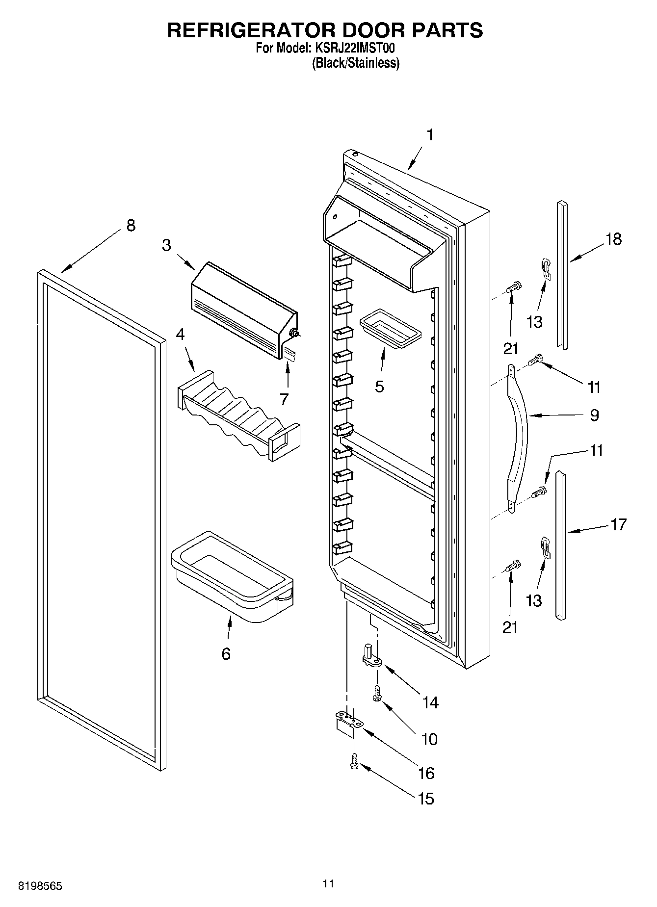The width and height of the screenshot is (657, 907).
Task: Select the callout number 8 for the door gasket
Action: coord(131,226)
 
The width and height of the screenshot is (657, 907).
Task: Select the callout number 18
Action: coord(613,239)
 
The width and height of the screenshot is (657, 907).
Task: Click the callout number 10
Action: coord(429,739)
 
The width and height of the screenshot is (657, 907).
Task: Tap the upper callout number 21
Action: coord(510,348)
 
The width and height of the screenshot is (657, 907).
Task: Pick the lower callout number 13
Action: coord(534,600)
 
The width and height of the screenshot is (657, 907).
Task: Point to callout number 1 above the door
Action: coord(430,135)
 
